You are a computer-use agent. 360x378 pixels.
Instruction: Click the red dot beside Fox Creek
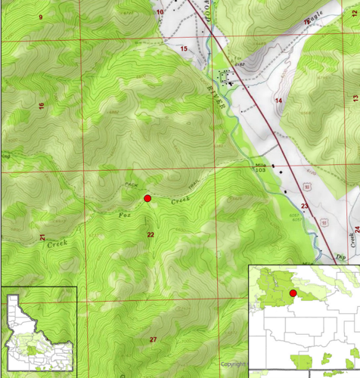(x=147, y=198)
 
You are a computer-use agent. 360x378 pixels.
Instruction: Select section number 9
(x=40, y=17)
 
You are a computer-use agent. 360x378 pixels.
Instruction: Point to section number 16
(x=42, y=105)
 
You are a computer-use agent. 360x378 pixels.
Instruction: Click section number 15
(x=183, y=48)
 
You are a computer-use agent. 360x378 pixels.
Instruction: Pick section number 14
(x=278, y=101)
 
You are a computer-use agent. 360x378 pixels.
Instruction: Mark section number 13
(x=355, y=98)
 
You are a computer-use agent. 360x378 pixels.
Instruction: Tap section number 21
(x=42, y=238)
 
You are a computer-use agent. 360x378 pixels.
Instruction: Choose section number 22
(x=151, y=235)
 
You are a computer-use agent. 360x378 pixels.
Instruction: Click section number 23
(x=304, y=206)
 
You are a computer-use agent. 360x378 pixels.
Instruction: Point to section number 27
(x=153, y=339)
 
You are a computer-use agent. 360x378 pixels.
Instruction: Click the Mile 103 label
(x=261, y=168)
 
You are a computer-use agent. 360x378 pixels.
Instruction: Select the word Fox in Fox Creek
(x=102, y=215)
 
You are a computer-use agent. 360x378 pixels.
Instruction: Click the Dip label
(x=341, y=257)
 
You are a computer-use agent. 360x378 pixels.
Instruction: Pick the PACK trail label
(x=130, y=184)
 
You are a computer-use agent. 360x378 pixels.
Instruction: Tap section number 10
(x=160, y=12)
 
